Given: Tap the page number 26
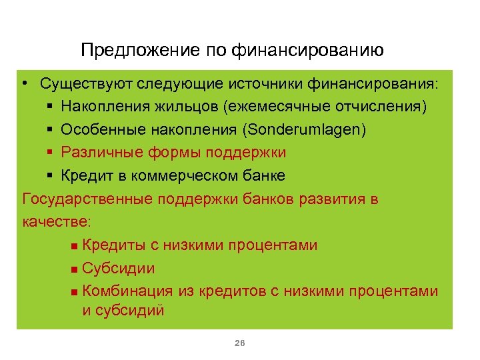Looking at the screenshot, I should point(241,343).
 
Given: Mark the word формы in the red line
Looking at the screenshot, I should point(161,153).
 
